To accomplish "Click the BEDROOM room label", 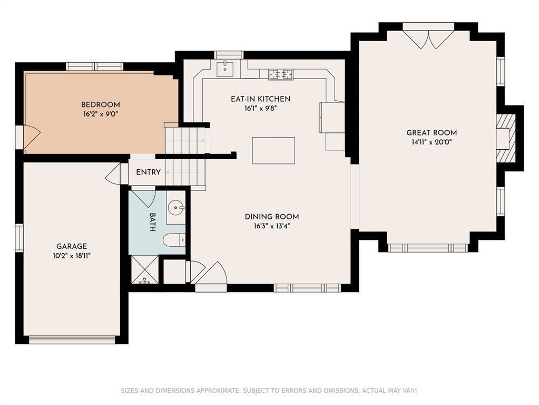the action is pos(101,104).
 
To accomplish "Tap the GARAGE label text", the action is pos(72,246).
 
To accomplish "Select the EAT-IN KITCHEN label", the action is pos(261,99).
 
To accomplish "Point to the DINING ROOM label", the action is pos(271,217).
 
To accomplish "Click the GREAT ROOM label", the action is pos(432,133).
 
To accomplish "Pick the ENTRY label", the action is pos(148,172).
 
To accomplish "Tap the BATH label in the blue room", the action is pos(153,222).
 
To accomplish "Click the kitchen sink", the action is pos(225,67).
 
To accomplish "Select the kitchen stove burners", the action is pos(281,74).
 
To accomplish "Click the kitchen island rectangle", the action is pos(273,151).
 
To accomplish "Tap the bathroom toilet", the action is pos(174,240).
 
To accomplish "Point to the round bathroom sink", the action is pos(177,208).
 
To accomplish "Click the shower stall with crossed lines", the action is pos(145,270).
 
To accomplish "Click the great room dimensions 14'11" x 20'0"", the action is pos(432,142).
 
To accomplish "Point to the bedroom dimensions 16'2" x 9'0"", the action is pos(101,114).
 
